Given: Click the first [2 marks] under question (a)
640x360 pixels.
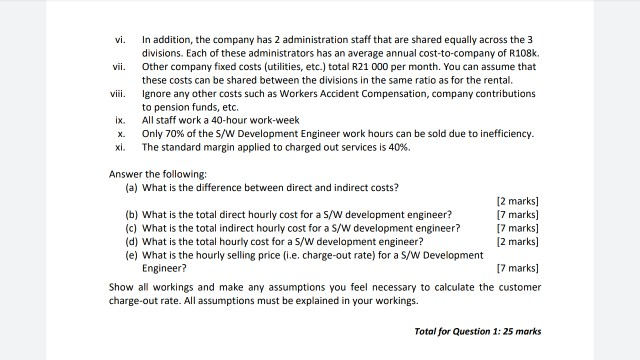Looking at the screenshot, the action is pyautogui.click(x=517, y=202).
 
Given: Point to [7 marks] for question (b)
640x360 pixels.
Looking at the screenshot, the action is pyautogui.click(x=517, y=215).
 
